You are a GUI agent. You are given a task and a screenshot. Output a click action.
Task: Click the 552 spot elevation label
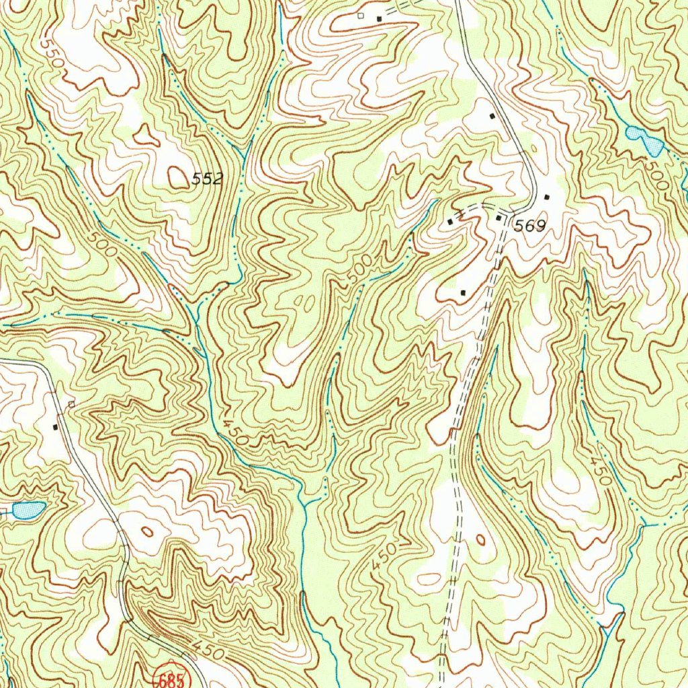[207, 179]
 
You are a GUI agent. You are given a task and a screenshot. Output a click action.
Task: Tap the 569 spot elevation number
[529, 227]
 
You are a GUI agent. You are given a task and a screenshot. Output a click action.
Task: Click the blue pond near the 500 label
[646, 139]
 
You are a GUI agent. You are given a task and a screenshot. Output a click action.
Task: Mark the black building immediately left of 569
[499, 218]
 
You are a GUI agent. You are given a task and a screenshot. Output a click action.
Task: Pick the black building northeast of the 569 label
[547, 197]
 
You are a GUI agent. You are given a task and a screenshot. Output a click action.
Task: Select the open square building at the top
[361, 14]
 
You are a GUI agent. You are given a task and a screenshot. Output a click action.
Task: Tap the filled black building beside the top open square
[379, 18]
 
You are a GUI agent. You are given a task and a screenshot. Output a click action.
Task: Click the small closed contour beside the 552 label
[179, 177]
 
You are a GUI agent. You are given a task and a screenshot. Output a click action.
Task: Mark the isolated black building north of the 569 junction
[493, 116]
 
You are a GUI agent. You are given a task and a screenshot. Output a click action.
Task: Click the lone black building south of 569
[463, 293]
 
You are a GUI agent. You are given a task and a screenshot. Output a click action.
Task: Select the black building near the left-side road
[55, 427]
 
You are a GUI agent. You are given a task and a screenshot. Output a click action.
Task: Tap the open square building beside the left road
[71, 403]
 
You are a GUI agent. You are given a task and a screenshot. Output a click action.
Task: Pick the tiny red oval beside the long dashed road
[480, 539]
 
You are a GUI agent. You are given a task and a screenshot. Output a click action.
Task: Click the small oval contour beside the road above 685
[146, 531]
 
